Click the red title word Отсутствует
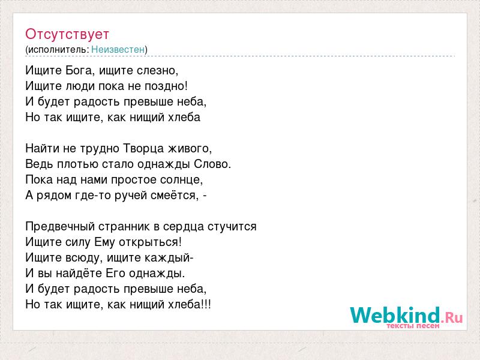tap(67, 34)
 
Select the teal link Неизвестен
tap(118, 49)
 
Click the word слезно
tap(157, 71)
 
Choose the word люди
tap(80, 86)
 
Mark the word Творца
tap(143, 149)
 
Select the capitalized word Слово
tap(212, 164)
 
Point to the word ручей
tap(131, 196)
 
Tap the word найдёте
tap(79, 274)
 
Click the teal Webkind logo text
tap(395, 315)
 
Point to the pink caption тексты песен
tap(413, 326)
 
